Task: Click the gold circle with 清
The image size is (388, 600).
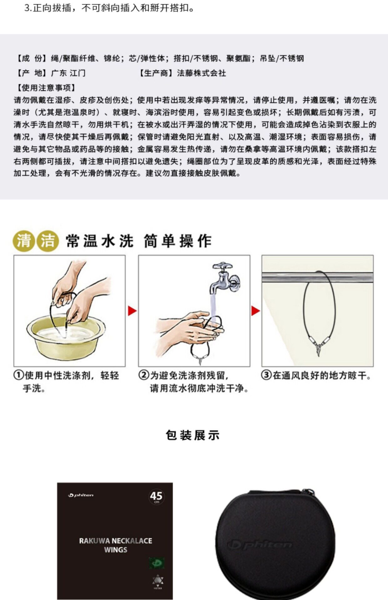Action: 23,241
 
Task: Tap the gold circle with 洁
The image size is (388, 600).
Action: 48,241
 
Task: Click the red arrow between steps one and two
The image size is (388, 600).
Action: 132,311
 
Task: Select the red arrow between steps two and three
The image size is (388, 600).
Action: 256,311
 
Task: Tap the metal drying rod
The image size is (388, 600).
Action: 317,277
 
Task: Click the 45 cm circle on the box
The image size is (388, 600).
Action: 156,497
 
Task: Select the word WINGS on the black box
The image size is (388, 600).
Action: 116,550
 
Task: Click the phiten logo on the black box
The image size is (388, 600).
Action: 81,495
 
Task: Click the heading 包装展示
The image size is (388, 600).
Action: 193,435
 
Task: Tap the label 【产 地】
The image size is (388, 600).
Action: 31,73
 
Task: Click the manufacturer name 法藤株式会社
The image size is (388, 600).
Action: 202,73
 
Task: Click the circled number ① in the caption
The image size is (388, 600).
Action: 19,375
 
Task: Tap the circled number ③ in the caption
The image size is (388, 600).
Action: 266,375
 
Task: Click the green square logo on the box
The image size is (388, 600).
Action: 157,563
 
